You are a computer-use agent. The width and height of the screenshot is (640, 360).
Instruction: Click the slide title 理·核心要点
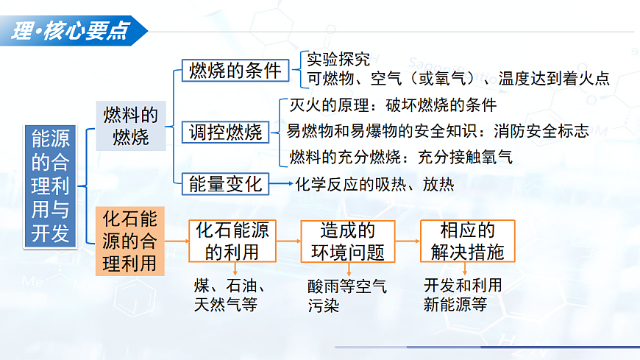click(70, 30)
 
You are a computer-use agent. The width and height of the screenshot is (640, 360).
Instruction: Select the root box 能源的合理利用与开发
click(51, 184)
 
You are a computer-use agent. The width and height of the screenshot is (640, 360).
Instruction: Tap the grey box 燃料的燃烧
click(130, 126)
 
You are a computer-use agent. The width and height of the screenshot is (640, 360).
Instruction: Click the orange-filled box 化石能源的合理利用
click(129, 241)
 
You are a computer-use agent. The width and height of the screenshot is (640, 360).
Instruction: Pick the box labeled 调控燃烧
click(225, 133)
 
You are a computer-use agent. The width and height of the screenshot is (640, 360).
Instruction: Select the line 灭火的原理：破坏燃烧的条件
click(393, 105)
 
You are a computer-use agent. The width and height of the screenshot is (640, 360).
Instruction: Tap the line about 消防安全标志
click(437, 131)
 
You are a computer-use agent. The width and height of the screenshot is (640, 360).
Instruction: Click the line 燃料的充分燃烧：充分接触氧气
click(401, 157)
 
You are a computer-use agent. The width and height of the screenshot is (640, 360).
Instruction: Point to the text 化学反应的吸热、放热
click(374, 184)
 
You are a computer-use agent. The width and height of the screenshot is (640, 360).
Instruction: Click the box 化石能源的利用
click(232, 241)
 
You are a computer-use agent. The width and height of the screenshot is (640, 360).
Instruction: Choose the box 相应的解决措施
click(467, 241)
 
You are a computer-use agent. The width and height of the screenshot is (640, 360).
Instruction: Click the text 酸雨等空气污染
click(346, 295)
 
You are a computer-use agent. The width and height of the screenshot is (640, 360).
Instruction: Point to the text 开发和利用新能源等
click(463, 294)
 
